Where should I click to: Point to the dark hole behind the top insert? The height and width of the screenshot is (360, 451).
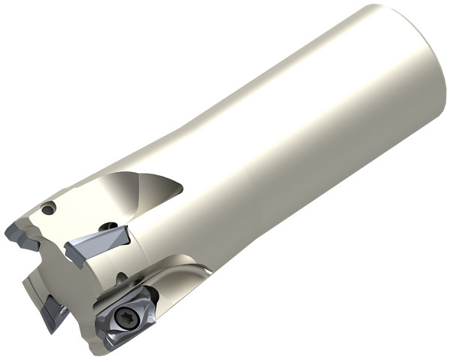[110, 225]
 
